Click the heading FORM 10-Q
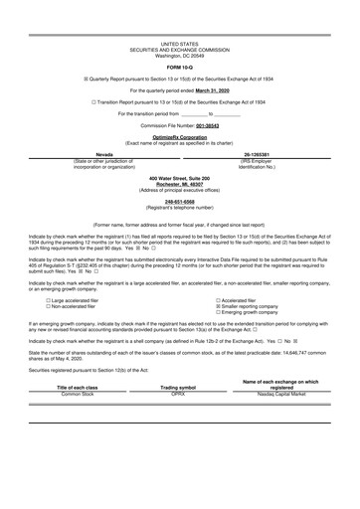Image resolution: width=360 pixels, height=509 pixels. (179, 67)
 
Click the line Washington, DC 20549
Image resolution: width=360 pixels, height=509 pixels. (179, 55)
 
